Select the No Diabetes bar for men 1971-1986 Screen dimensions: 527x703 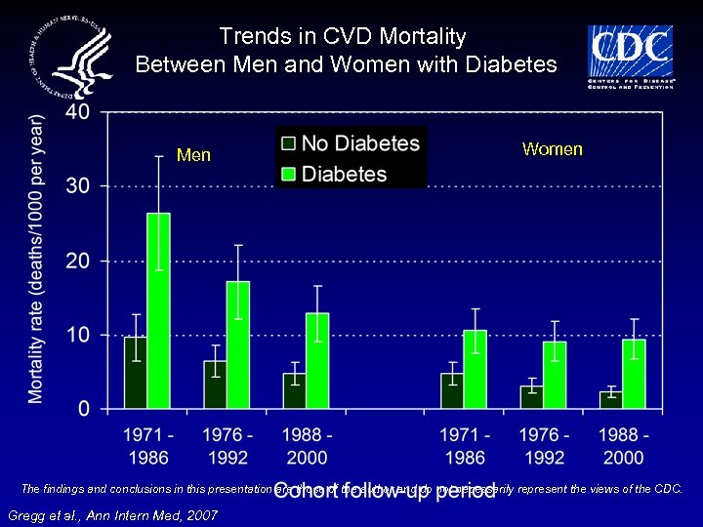pyautogui.click(x=135, y=372)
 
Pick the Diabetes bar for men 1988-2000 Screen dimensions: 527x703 pyautogui.click(x=317, y=360)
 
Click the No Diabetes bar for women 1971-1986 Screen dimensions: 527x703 pyautogui.click(x=451, y=390)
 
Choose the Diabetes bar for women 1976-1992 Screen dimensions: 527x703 pyautogui.click(x=555, y=375)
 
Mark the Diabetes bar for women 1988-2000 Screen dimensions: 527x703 pyautogui.click(x=634, y=374)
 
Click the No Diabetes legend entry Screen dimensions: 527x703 pyautogui.click(x=351, y=143)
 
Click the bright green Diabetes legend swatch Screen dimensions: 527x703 pyautogui.click(x=288, y=175)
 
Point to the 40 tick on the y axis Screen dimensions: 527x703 pyautogui.click(x=78, y=112)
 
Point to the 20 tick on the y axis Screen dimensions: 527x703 pyautogui.click(x=78, y=261)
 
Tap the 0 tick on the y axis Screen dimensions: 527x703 pyautogui.click(x=84, y=408)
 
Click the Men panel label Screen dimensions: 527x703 pyautogui.click(x=193, y=155)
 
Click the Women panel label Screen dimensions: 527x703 pyautogui.click(x=552, y=149)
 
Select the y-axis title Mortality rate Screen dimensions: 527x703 pyautogui.click(x=37, y=259)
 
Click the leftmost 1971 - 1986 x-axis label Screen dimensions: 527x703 pyautogui.click(x=147, y=446)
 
